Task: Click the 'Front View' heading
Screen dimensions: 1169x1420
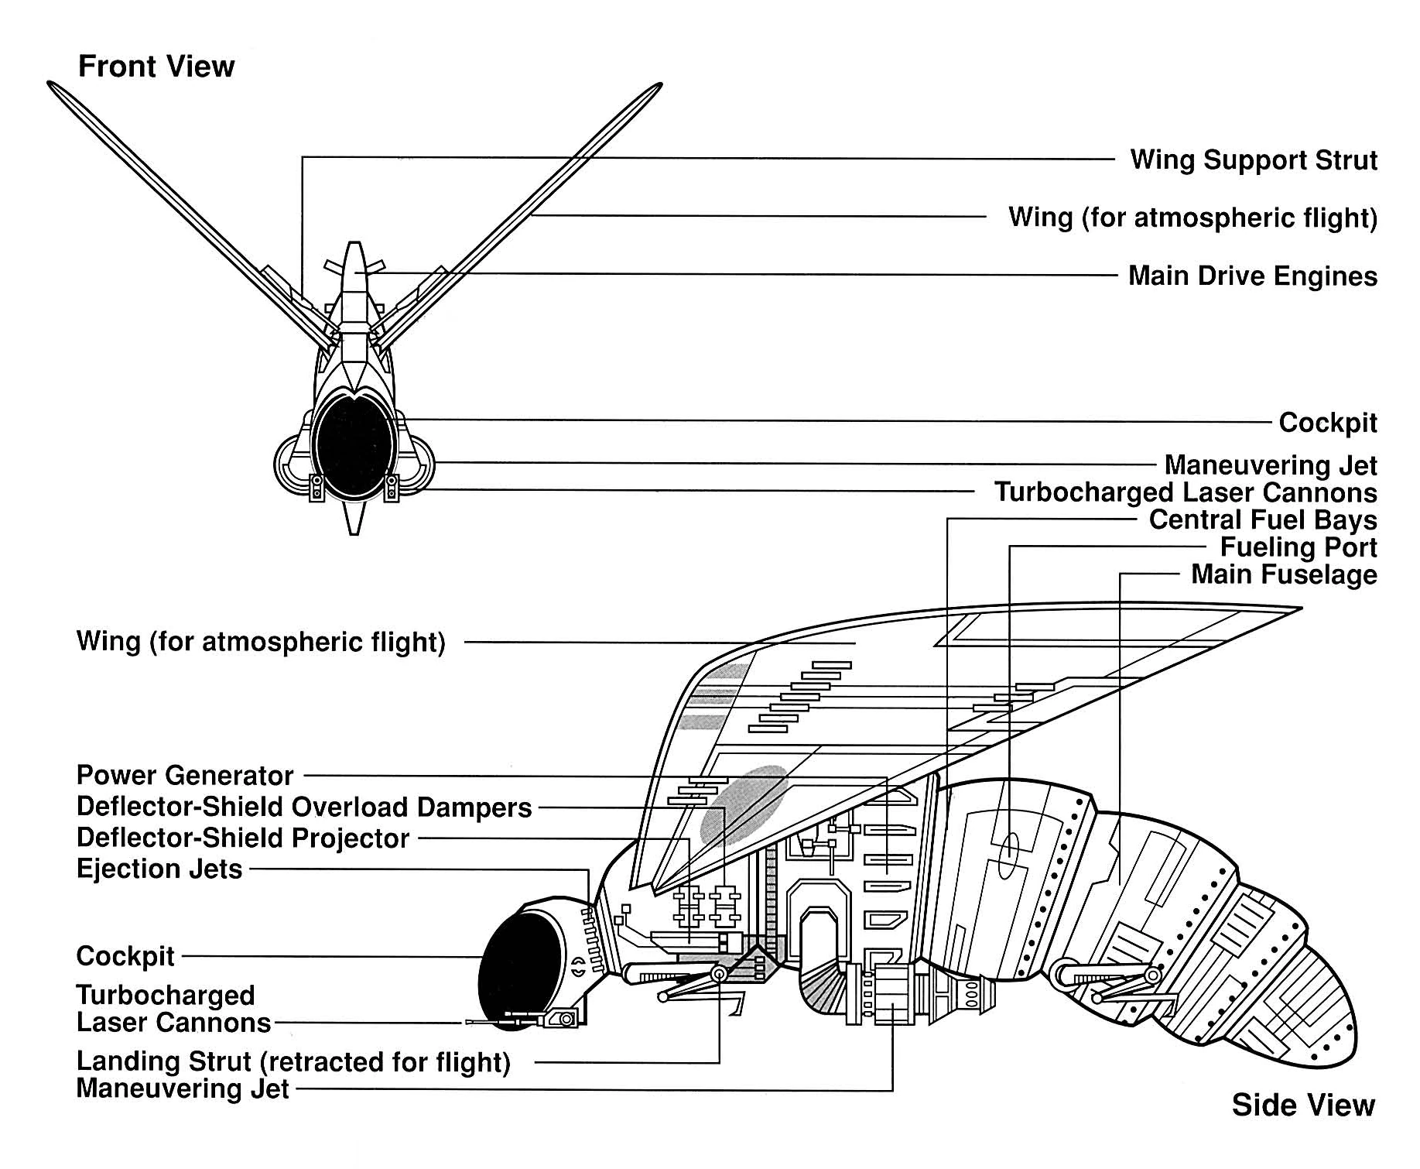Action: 156,67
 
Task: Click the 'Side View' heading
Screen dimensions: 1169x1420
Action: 1303,1105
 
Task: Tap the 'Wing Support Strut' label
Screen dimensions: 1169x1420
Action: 1254,160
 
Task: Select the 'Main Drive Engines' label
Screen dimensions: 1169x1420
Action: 1252,276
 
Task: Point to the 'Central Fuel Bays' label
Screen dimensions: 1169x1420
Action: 1263,519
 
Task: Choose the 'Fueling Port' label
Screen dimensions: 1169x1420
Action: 1299,547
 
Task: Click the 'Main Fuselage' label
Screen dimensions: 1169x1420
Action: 1284,574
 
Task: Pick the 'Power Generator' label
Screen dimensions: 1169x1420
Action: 185,775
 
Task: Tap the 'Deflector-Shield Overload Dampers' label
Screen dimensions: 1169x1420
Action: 304,807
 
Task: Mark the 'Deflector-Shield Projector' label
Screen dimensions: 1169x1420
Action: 243,838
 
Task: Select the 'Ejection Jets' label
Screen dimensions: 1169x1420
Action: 159,869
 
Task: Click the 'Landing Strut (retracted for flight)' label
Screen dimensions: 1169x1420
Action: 293,1061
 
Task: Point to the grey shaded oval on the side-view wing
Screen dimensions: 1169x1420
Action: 743,805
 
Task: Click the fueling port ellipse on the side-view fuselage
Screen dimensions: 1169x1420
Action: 1010,855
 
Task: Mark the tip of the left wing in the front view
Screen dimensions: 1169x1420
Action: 53,85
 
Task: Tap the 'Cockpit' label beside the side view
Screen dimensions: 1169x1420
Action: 125,956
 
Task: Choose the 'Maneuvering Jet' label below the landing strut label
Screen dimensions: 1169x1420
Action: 183,1088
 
